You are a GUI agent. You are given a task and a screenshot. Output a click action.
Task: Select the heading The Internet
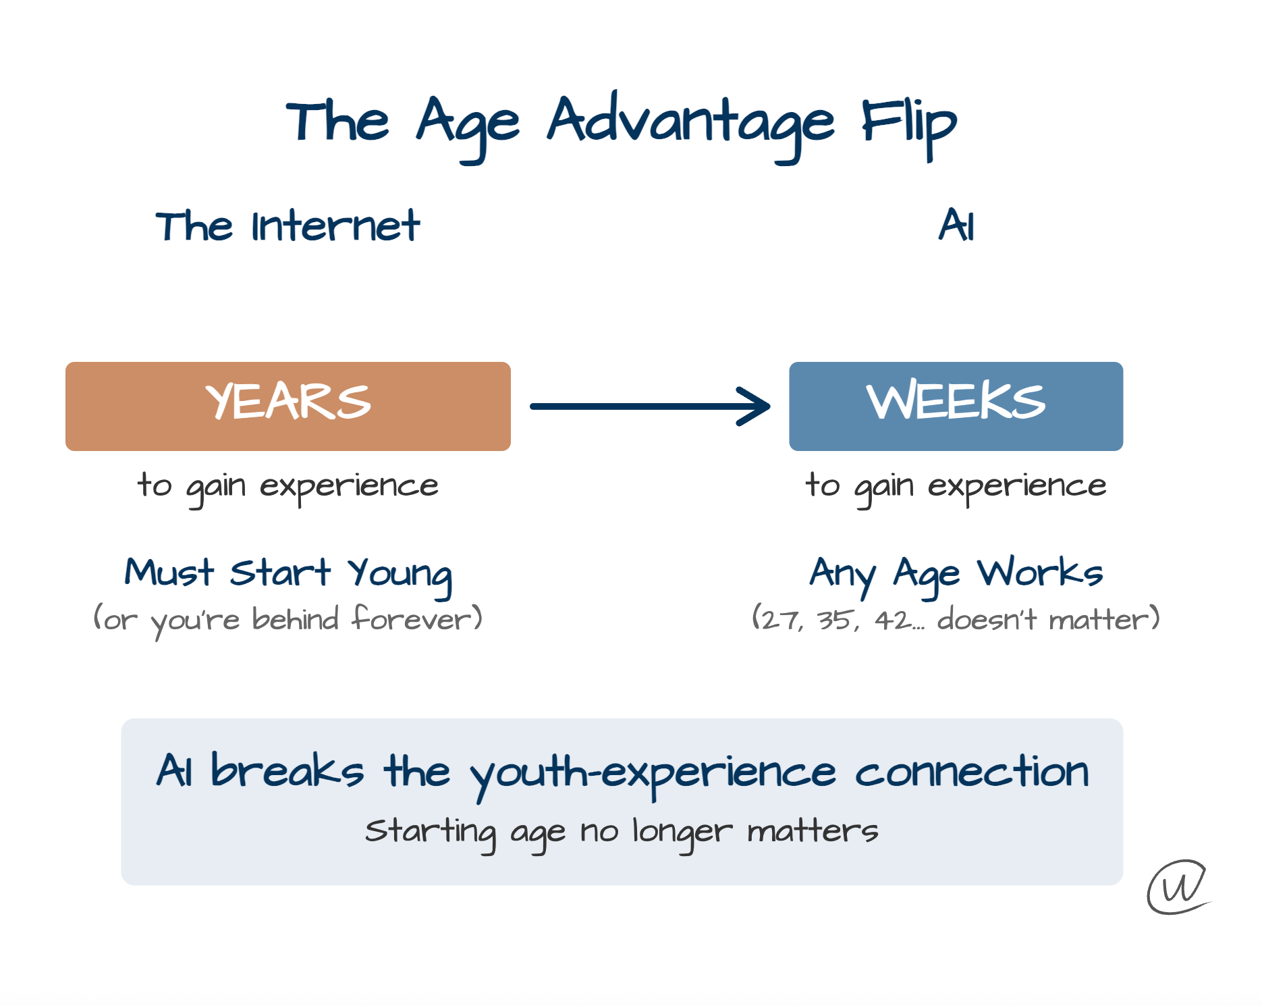click(x=287, y=226)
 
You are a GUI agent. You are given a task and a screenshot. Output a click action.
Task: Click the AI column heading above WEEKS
click(x=956, y=225)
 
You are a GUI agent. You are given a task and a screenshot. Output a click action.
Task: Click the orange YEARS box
click(x=288, y=406)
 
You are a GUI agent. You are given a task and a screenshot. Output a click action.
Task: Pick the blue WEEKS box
click(x=956, y=406)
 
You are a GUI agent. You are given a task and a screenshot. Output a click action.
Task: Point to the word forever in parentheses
click(x=411, y=618)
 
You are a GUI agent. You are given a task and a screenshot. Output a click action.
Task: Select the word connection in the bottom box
click(x=972, y=772)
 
